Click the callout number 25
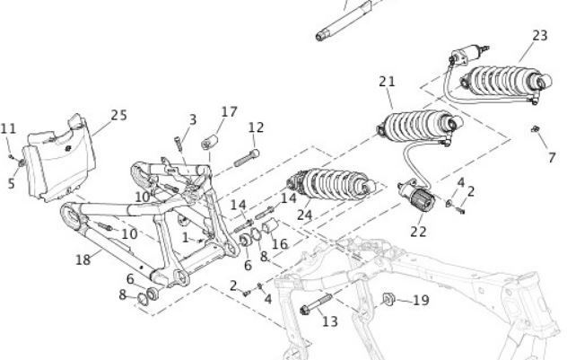[x=119, y=116]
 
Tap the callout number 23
[x=540, y=35]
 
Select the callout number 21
[x=387, y=82]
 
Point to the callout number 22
[x=418, y=232]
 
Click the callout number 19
[x=421, y=300]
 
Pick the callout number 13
[x=330, y=321]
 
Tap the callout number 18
[x=83, y=259]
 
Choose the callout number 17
[x=230, y=112]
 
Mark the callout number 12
[x=257, y=127]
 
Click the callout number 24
[x=304, y=215]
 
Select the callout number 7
[x=552, y=158]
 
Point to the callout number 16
[x=280, y=244]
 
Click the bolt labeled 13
[x=316, y=304]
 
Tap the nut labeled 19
[x=388, y=299]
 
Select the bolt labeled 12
[x=247, y=158]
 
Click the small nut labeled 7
[x=536, y=128]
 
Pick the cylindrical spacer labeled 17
[x=210, y=142]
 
